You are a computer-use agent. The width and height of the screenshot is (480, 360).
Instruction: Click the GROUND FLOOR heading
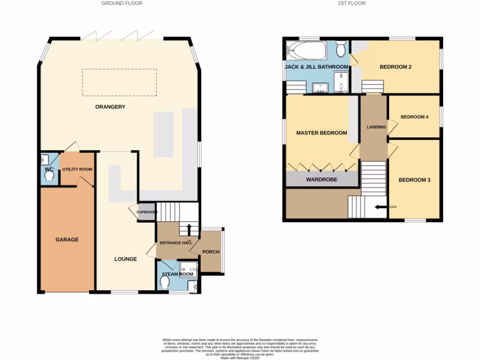pyautogui.click(x=122, y=3)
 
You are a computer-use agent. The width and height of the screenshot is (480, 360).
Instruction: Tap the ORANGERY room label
pyautogui.click(x=110, y=107)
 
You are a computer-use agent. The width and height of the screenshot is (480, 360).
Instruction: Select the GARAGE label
pyautogui.click(x=67, y=240)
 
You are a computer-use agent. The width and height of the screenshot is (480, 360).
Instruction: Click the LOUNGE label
pyautogui.click(x=126, y=259)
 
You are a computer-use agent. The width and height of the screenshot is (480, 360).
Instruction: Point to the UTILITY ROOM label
pyautogui.click(x=77, y=169)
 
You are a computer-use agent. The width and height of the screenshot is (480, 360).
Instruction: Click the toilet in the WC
pyautogui.click(x=49, y=176)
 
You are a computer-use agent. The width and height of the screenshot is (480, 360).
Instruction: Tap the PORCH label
pyautogui.click(x=210, y=252)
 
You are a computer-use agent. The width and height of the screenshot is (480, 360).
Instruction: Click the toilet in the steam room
pyautogui.click(x=165, y=283)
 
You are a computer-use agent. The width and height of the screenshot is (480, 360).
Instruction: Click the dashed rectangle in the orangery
pyautogui.click(x=119, y=82)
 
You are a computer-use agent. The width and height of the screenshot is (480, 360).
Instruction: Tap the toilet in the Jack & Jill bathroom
pyautogui.click(x=341, y=48)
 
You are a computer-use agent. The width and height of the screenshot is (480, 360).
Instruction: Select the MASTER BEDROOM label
pyautogui.click(x=322, y=133)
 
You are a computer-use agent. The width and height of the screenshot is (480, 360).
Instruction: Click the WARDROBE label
pyautogui.click(x=322, y=180)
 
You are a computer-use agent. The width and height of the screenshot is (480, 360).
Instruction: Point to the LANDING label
pyautogui.click(x=376, y=127)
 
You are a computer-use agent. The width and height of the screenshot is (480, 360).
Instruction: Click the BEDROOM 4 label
pyautogui.click(x=414, y=117)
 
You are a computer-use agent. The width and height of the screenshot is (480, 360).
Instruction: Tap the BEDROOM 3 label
pyautogui.click(x=414, y=180)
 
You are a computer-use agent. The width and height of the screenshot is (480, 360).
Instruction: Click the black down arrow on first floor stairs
pyautogui.click(x=380, y=206)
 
